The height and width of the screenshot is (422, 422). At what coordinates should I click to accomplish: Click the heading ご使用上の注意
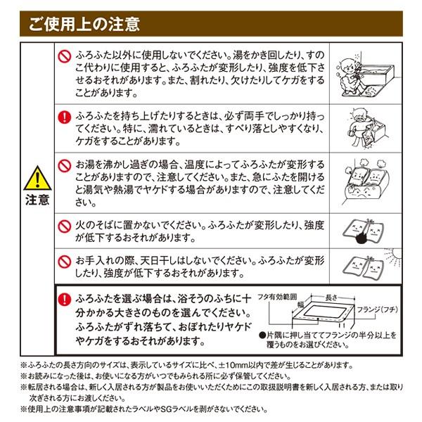84,24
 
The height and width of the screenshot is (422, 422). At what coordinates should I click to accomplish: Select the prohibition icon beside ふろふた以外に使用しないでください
64,53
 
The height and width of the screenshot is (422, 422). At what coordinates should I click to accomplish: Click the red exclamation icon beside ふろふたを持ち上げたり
64,114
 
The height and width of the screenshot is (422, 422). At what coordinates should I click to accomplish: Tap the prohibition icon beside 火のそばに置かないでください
64,225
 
